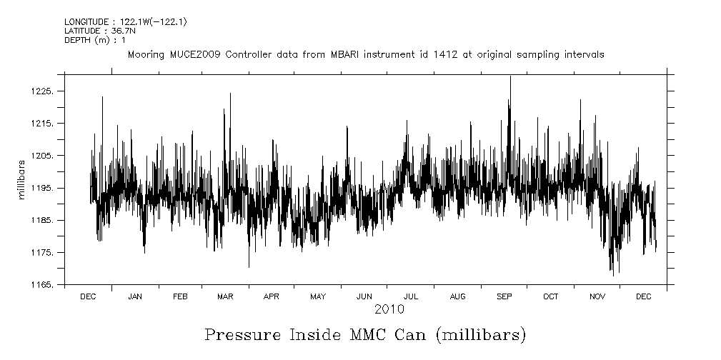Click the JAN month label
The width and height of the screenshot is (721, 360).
pos(134,296)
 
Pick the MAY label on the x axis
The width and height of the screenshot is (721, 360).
pos(318,296)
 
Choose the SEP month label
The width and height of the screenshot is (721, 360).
pos(504,296)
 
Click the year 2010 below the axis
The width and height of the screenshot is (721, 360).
pos(389,309)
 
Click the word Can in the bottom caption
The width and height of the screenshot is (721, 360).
pos(409,334)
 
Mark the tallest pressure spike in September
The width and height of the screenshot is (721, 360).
pos(509,76)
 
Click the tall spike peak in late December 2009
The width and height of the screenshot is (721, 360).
pos(102,96)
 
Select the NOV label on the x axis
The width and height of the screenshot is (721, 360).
pos(597,296)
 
